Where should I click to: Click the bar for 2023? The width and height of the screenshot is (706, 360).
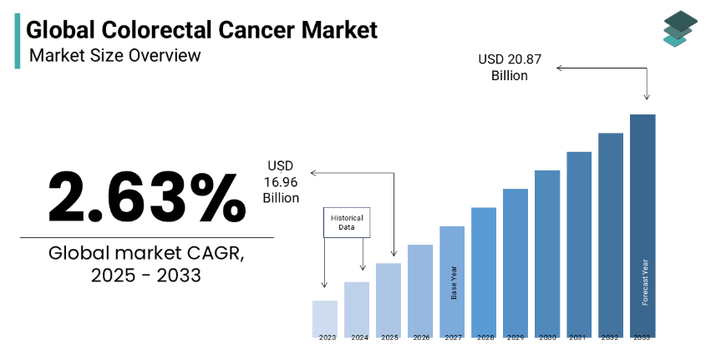point(324,317)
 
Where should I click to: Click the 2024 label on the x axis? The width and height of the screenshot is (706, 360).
point(359,337)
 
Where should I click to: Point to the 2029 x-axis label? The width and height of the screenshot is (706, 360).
point(516,337)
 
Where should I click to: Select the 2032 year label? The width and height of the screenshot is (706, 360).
point(611,337)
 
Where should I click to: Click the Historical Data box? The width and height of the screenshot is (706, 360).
point(347,221)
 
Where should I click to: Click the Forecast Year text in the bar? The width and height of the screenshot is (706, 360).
point(644,282)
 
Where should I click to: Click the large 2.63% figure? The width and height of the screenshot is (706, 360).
point(142,196)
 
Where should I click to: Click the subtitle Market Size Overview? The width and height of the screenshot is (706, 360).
point(114,56)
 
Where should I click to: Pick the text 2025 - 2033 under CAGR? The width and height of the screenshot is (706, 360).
point(146,275)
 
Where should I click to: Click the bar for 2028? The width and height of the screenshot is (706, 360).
point(484,271)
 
